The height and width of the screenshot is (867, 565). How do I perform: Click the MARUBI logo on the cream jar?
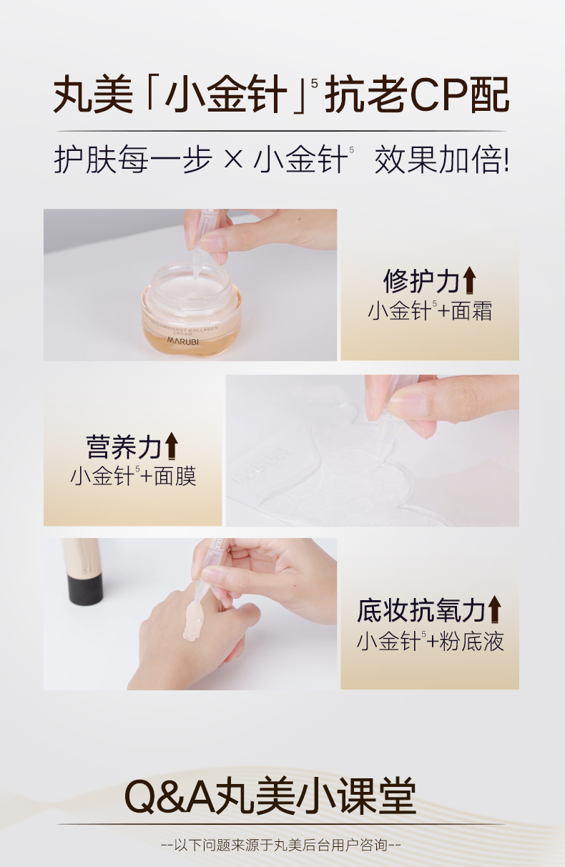(183, 341)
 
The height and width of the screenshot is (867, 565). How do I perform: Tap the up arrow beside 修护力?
(469, 280)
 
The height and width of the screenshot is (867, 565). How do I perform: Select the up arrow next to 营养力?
(171, 446)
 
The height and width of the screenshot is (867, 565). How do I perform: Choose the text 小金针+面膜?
(134, 476)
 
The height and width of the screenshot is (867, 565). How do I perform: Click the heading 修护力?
(422, 281)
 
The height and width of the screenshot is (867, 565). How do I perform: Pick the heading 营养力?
(124, 446)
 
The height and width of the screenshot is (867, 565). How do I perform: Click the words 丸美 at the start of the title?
(93, 95)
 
